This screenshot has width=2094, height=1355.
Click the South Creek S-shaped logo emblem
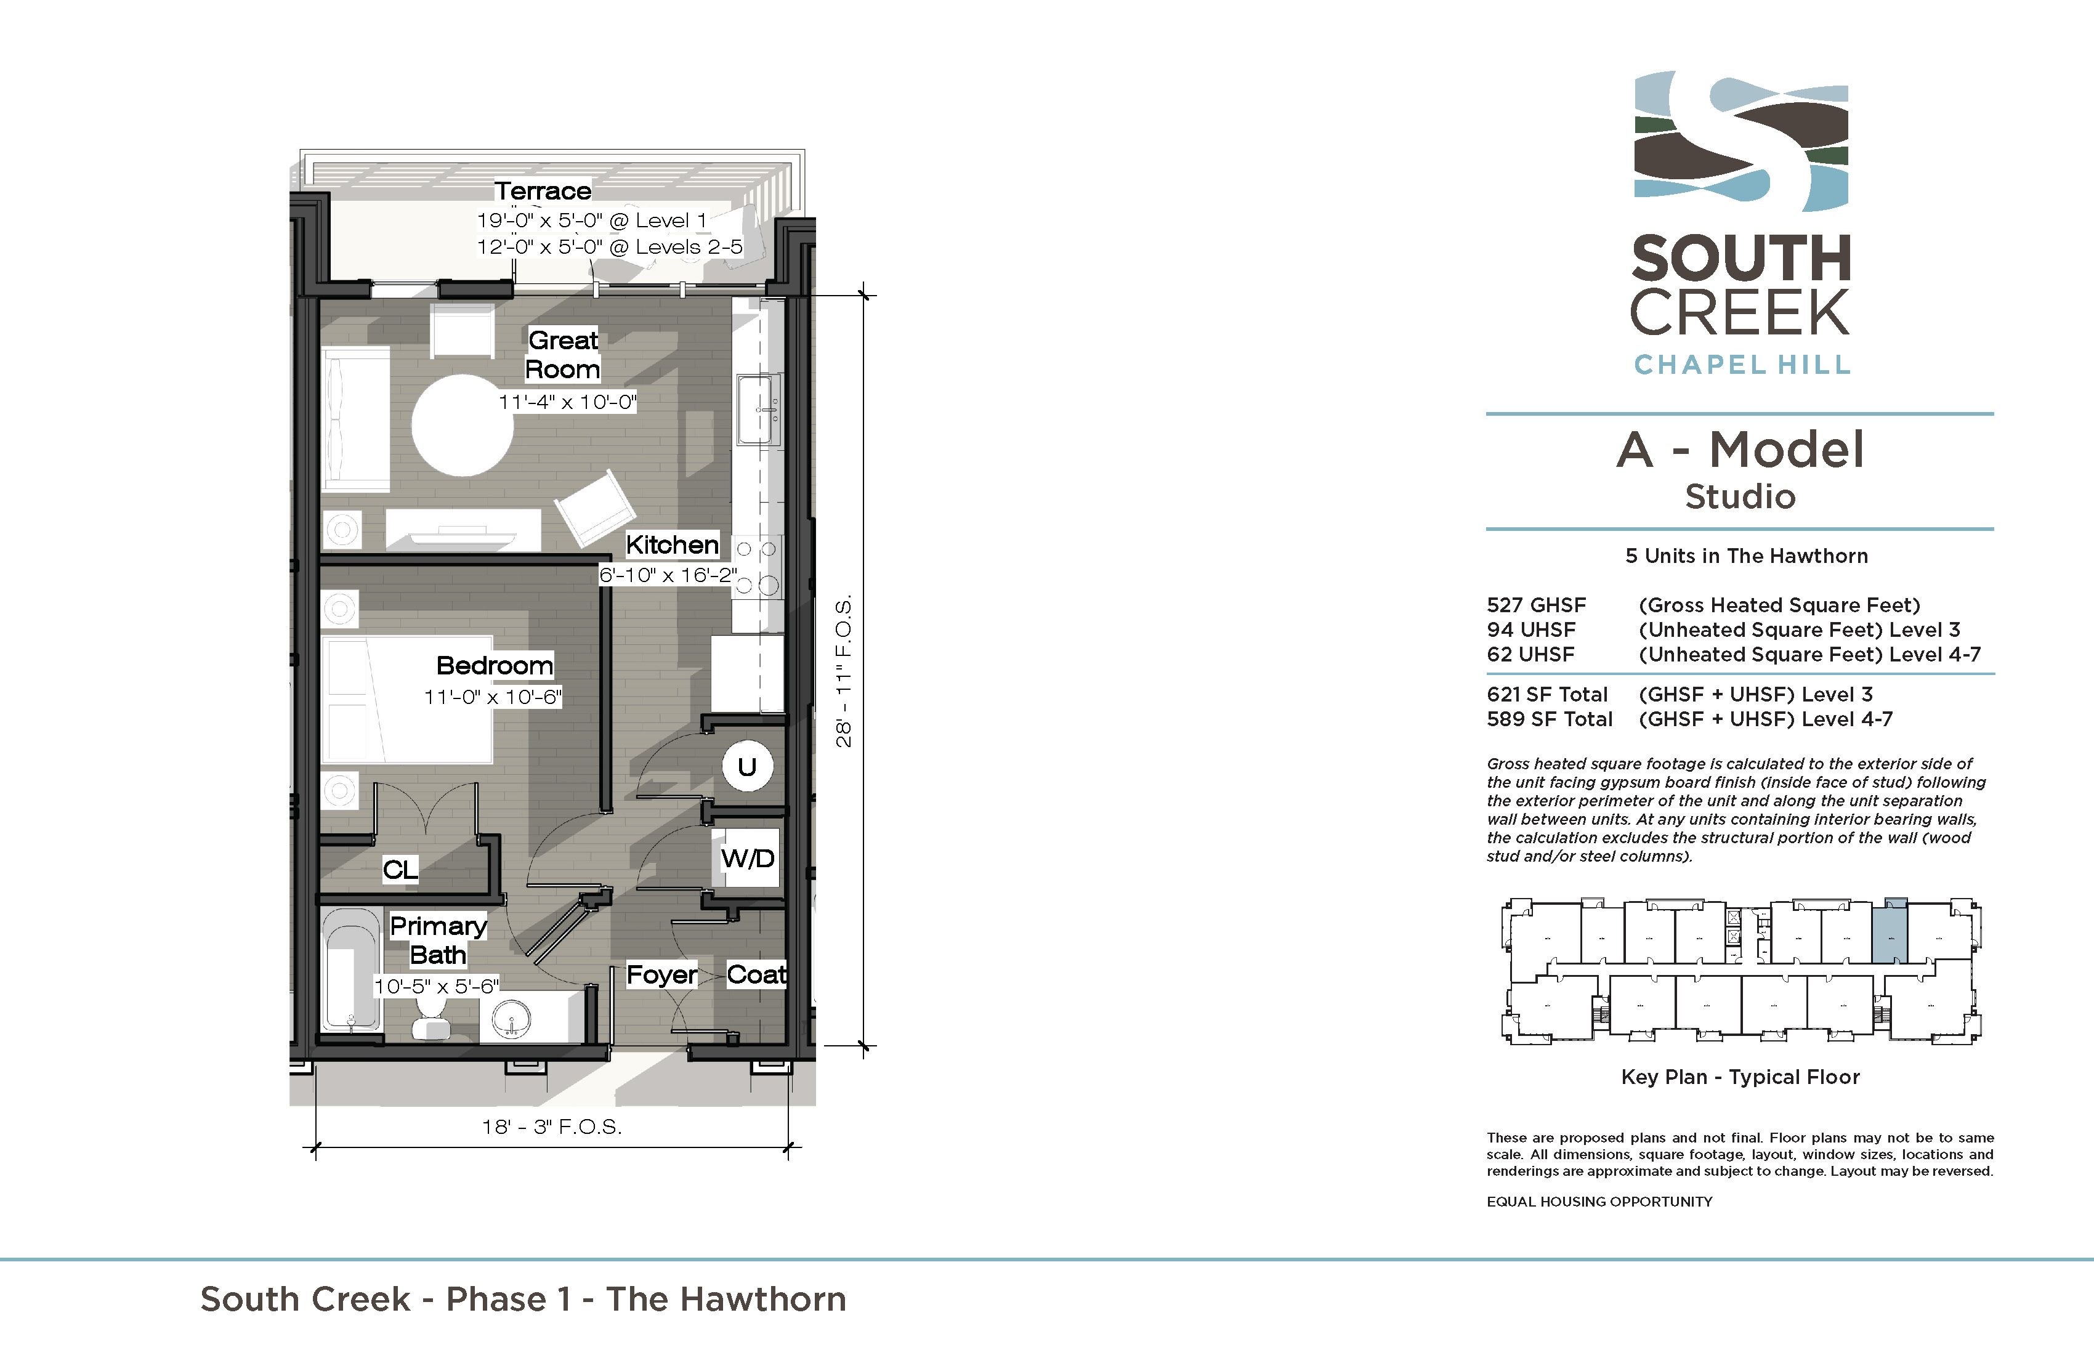1741,141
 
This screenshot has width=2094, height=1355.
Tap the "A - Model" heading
1740,450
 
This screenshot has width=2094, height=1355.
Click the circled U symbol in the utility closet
747,766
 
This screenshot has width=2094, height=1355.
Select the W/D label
748,858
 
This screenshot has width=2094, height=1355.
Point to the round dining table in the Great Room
463,425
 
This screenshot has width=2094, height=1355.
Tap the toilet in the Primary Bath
431,1019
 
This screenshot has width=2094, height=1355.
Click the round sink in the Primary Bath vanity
512,1022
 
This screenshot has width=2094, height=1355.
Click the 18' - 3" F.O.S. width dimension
552,1127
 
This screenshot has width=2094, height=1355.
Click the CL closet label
400,869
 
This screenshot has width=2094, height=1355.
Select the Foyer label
661,975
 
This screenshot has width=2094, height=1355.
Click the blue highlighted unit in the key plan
1889,934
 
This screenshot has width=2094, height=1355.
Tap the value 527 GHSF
1536,605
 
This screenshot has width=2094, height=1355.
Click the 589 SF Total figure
1550,719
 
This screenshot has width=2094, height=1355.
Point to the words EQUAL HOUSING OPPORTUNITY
1599,1202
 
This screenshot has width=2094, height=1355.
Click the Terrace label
543,191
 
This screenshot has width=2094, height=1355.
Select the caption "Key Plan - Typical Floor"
1740,1078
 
